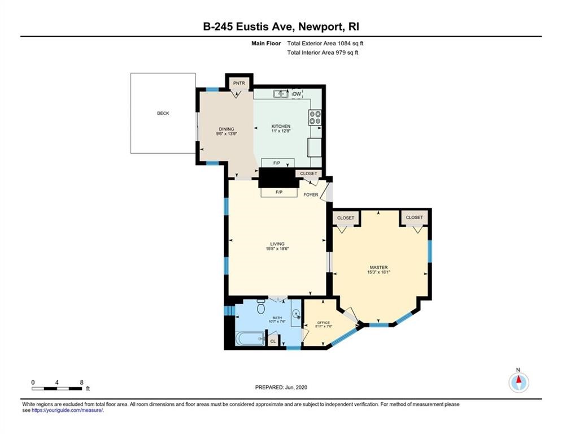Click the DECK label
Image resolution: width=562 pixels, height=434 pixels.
point(163,114)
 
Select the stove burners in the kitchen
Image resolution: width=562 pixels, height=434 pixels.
point(315,118)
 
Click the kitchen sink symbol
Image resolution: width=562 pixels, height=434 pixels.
point(281,94)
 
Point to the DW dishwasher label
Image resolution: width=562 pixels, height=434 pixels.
point(297,94)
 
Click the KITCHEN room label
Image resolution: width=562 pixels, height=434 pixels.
point(281,126)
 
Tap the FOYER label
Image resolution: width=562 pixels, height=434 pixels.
point(311,195)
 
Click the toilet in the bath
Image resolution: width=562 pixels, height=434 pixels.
point(261,307)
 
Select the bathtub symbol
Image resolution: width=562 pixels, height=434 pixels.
point(249,339)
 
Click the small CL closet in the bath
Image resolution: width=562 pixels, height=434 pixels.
point(273,341)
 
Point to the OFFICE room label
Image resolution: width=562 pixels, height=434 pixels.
point(323,323)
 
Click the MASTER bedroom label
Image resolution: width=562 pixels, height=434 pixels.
point(378,267)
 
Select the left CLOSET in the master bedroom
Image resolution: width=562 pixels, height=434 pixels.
point(345,218)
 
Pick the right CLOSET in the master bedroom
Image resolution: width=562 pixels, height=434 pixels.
point(414,217)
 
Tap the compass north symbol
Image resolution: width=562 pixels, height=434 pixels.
point(518,382)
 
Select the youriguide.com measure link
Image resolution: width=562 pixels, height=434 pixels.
point(67,410)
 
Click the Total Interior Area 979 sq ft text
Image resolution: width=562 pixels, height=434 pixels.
point(323,53)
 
